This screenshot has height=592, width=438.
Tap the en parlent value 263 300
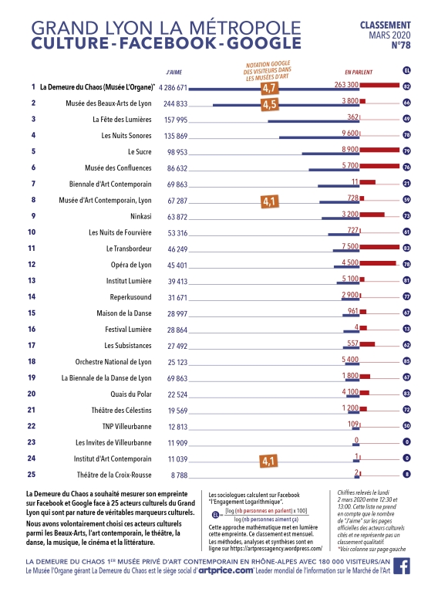347,85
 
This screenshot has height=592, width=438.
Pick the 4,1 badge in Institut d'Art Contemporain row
269,461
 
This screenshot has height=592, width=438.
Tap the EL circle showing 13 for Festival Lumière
406,329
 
